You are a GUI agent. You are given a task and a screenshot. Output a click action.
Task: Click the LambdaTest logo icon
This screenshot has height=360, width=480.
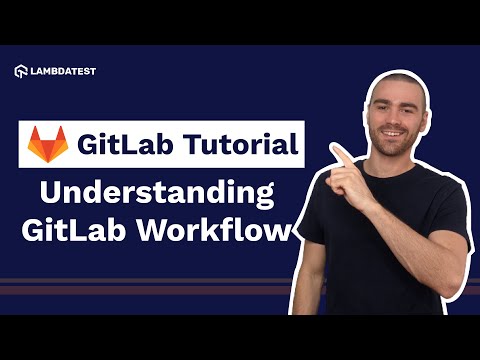point(22,71)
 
